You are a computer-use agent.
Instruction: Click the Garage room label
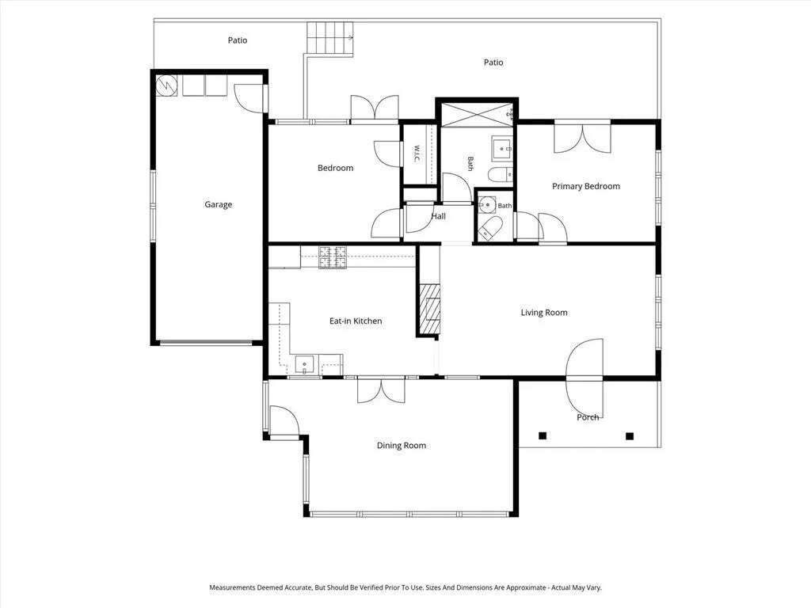tap(219, 204)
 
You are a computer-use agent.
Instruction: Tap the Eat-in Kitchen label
tap(356, 321)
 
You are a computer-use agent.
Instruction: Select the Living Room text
tap(544, 312)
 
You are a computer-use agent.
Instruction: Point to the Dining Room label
tap(402, 446)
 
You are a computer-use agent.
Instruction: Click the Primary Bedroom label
tap(586, 186)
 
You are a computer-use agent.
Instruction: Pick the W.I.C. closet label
tap(417, 154)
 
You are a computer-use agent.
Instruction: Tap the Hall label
tap(439, 216)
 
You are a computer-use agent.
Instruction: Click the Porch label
tap(588, 417)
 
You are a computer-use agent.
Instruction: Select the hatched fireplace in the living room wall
tap(429, 309)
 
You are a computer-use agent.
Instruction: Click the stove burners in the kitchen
tap(332, 257)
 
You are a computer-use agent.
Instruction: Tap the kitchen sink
tap(305, 364)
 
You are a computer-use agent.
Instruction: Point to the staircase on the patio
tap(330, 40)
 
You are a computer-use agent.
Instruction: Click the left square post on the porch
tap(543, 436)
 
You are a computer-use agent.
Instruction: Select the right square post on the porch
tap(630, 436)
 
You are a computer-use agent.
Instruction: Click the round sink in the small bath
tap(487, 205)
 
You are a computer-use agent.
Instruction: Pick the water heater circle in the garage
tap(167, 85)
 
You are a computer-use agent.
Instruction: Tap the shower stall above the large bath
tap(477, 114)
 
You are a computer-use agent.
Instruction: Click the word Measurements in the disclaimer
tap(232, 587)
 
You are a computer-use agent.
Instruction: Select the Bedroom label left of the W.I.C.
tap(336, 168)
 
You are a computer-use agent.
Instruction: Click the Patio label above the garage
tap(238, 40)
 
